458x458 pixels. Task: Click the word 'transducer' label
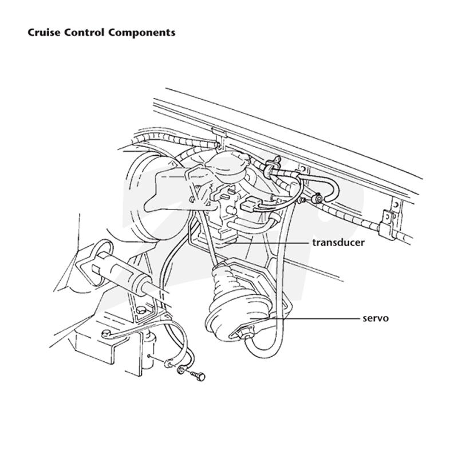point(338,242)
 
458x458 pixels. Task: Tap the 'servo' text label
point(376,318)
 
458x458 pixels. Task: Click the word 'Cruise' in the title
point(44,33)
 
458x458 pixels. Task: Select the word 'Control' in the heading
point(84,33)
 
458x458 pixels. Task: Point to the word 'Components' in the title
point(141,33)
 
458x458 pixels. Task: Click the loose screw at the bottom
point(198,376)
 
